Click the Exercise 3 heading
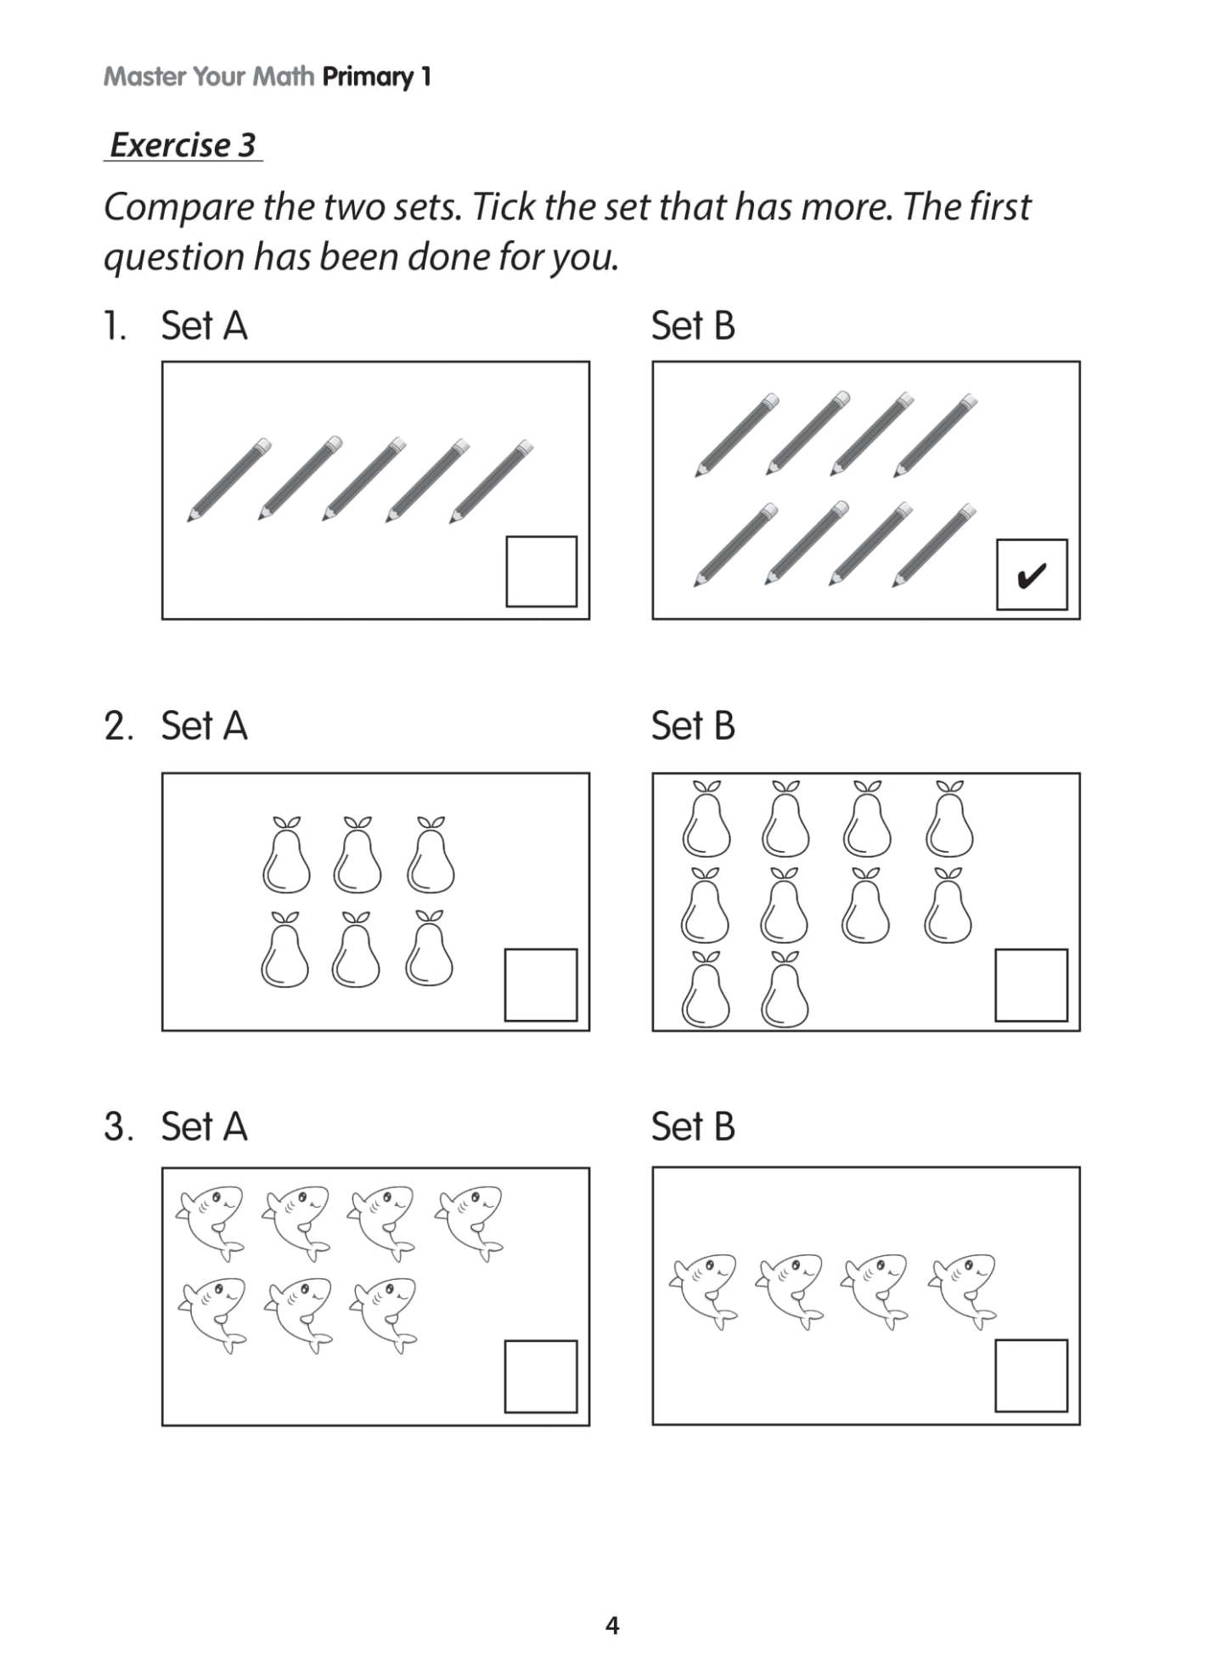(x=183, y=145)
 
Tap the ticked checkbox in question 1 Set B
(x=1031, y=574)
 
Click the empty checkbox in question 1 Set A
(x=541, y=572)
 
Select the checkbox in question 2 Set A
(x=541, y=985)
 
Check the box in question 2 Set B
(x=1031, y=985)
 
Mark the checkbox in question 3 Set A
(x=541, y=1377)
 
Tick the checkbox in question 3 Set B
(x=1031, y=1376)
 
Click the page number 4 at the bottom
(x=612, y=1625)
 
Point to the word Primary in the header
(x=368, y=77)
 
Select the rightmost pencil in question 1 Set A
(x=492, y=480)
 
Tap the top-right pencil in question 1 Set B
(x=936, y=434)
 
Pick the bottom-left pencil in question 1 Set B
(x=735, y=544)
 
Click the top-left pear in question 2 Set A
(x=286, y=856)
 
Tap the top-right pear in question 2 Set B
(x=949, y=820)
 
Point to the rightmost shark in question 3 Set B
(x=964, y=1289)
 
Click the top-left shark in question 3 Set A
(x=211, y=1221)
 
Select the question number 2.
(x=118, y=727)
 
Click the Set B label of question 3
(x=693, y=1127)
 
